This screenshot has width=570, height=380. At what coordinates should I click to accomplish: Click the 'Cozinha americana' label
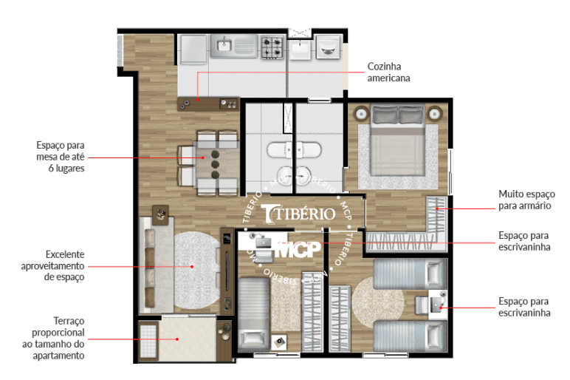click(x=388, y=72)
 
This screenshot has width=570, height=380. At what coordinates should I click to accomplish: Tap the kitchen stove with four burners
click(x=272, y=47)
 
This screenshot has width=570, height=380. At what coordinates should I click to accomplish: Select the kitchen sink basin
click(x=224, y=46)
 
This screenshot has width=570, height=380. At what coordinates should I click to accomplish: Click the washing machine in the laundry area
click(x=329, y=47)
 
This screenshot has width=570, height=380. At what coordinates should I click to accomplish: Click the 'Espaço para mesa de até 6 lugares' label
click(x=61, y=157)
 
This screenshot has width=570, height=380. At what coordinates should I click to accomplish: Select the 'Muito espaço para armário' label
click(x=526, y=200)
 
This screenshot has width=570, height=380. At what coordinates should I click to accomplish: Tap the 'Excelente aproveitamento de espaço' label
click(x=52, y=265)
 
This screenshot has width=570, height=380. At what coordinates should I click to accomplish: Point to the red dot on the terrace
click(x=177, y=339)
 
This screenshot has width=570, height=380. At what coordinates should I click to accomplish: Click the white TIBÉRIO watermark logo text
click(x=298, y=214)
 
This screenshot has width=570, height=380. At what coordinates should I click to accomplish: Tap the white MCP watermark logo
click(x=298, y=249)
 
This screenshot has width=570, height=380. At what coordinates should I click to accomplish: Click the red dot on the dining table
click(x=203, y=157)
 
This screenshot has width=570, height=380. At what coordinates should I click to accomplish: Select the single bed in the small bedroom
click(x=254, y=313)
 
